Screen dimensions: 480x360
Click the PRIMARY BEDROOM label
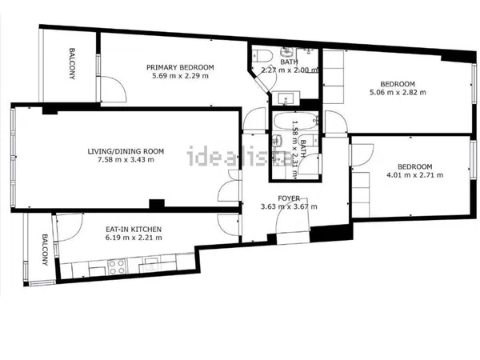point(180,67)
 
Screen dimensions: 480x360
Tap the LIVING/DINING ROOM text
point(126,151)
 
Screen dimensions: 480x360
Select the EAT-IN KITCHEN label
point(134,230)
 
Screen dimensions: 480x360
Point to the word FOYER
point(289,198)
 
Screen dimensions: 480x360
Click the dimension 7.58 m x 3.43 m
point(126,159)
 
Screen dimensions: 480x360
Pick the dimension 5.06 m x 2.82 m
point(398,92)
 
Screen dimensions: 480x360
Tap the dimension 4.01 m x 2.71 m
point(414,175)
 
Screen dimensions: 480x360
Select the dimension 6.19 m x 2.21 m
point(134,238)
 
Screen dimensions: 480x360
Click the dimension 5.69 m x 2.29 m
point(180,76)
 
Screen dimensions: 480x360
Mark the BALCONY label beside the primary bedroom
point(72,64)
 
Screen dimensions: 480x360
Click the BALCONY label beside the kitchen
point(45,250)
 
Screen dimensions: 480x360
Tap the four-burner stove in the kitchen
point(117,267)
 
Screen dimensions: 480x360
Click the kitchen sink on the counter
point(150,265)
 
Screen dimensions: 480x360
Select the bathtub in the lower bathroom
point(295,122)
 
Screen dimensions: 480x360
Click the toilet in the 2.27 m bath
point(264,55)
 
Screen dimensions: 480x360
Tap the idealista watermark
point(240,156)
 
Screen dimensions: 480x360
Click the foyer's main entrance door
point(292,218)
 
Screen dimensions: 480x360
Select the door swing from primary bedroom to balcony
point(114,89)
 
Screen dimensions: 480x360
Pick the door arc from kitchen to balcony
point(69,227)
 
